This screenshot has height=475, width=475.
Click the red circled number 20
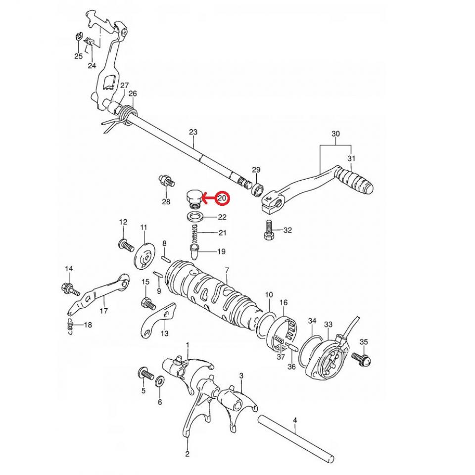pyautogui.click(x=223, y=198)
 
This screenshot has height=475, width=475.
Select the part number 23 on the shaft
pyautogui.click(x=193, y=132)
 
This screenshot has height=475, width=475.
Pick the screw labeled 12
pyautogui.click(x=126, y=244)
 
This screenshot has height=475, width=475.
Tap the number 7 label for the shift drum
pyautogui.click(x=227, y=270)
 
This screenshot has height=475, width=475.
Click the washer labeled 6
pyautogui.click(x=160, y=382)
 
